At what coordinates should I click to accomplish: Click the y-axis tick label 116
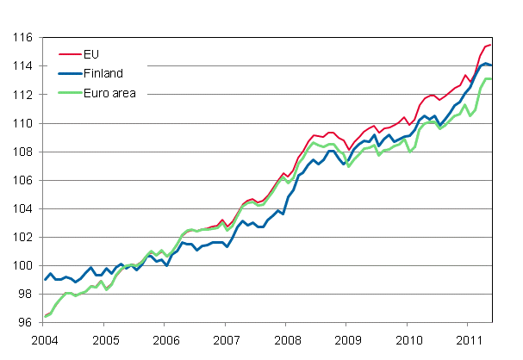pyautogui.click(x=23, y=38)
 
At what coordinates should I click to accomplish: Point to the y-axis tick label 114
pyautogui.click(x=23, y=66)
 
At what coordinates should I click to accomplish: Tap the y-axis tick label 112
pyautogui.click(x=23, y=95)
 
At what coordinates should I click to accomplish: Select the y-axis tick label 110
pyautogui.click(x=23, y=123)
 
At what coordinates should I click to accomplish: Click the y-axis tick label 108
pyautogui.click(x=23, y=152)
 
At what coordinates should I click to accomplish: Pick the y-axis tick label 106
pyautogui.click(x=23, y=180)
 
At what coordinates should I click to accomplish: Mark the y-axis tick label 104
pyautogui.click(x=23, y=208)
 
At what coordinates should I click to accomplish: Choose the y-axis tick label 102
pyautogui.click(x=23, y=237)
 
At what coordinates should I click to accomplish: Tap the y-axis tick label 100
pyautogui.click(x=23, y=265)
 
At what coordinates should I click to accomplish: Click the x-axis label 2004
pyautogui.click(x=45, y=338)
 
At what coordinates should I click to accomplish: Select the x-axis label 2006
pyautogui.click(x=165, y=338)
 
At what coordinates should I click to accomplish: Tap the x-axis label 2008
pyautogui.click(x=286, y=338)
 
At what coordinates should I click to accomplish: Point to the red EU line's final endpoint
pyautogui.click(x=491, y=45)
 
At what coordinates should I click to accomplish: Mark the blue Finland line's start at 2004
pyautogui.click(x=45, y=280)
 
